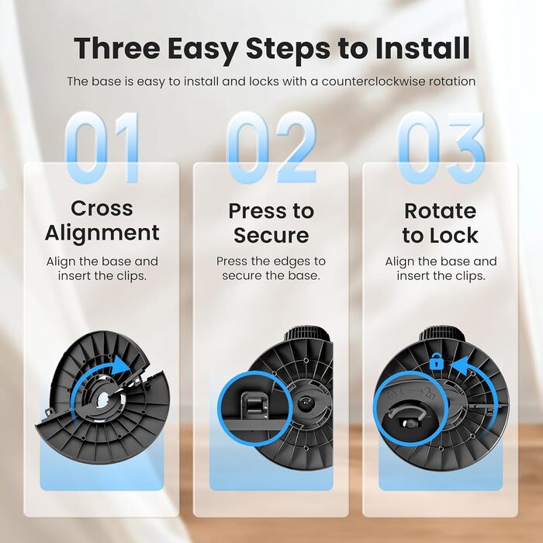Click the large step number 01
[x=102, y=147]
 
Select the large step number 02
[x=271, y=147]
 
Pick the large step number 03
[x=441, y=147]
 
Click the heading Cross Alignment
[x=102, y=220]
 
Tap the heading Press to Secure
[x=271, y=223]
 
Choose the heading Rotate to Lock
[x=441, y=223]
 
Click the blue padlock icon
[x=436, y=361]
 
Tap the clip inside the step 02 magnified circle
[x=255, y=405]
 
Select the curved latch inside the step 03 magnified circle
[x=406, y=410]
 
